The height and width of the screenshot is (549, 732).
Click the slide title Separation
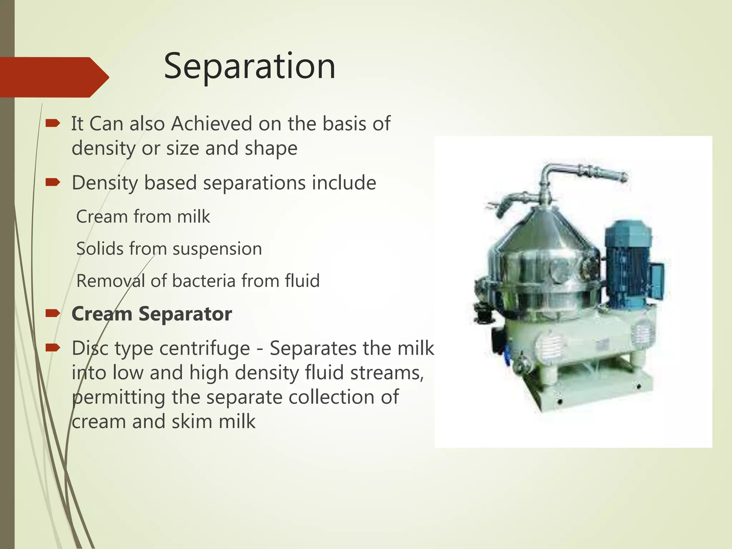coord(249,66)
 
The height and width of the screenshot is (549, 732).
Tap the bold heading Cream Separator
coord(152,314)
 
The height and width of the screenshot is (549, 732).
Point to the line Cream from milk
coord(143,217)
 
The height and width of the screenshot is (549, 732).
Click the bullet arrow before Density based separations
coord(53,183)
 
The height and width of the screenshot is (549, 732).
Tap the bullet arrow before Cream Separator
coord(53,314)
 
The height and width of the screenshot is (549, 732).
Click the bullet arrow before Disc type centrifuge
coord(53,347)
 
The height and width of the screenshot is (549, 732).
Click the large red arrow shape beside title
coord(54,77)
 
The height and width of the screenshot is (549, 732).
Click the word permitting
coord(118,397)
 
